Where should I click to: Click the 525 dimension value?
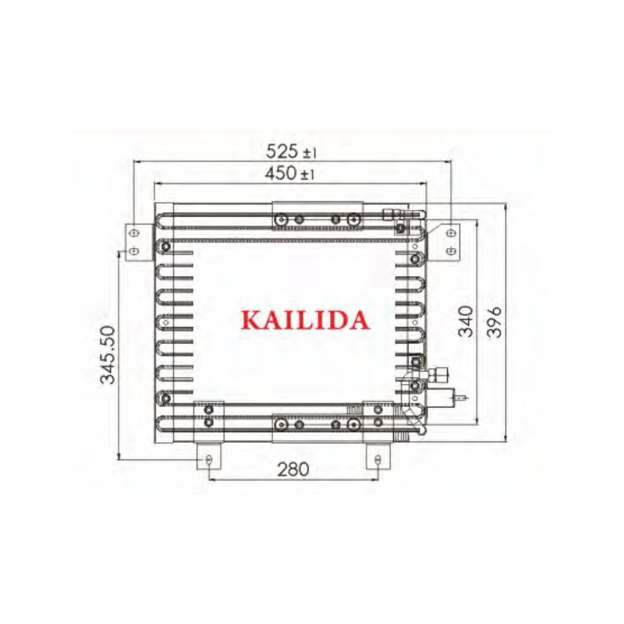point(282,151)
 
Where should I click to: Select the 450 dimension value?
point(281,173)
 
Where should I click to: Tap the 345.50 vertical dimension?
point(108,355)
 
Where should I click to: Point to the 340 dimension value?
point(466,321)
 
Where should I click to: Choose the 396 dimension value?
point(495,322)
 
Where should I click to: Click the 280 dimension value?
point(293,470)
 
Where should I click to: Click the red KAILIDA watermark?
point(305,321)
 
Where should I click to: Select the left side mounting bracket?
point(139,243)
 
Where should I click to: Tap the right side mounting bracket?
point(445,243)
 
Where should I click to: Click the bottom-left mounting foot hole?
point(209,459)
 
